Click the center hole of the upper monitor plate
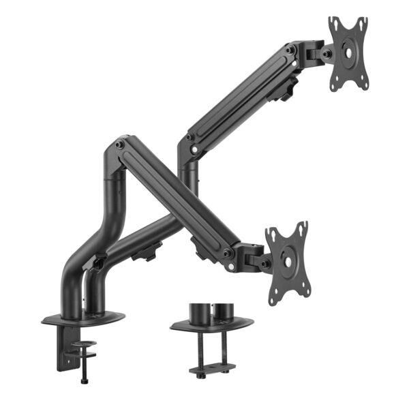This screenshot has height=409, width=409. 348,52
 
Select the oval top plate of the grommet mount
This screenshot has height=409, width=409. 211,324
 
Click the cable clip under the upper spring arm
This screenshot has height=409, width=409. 287,90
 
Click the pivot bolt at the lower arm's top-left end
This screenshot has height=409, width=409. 121,145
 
